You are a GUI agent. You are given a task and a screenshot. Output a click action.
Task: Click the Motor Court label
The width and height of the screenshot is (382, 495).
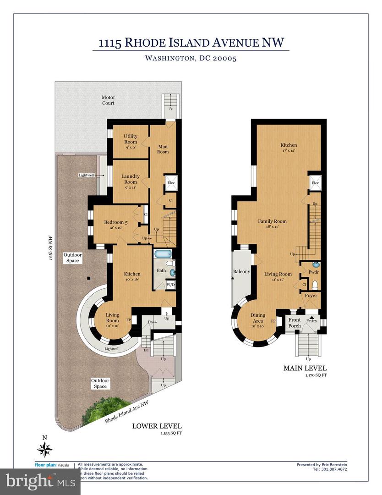[x=108, y=100]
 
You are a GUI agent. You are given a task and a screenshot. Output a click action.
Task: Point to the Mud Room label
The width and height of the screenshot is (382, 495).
[x=163, y=149]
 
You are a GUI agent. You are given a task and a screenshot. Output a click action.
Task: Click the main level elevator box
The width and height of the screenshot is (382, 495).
[x=315, y=183]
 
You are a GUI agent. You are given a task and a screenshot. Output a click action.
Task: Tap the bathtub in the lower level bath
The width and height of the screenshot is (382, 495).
[x=161, y=254]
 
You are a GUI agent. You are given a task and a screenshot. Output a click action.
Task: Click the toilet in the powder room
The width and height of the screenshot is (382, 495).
[x=314, y=285]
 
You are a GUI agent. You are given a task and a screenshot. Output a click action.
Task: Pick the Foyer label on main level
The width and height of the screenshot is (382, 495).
[x=311, y=296]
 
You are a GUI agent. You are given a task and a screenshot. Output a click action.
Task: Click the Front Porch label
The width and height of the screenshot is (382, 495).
[x=294, y=323]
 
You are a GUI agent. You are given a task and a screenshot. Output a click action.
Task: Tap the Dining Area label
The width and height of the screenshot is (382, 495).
[x=257, y=318]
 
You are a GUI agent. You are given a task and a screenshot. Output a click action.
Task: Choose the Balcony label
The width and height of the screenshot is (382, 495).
[x=241, y=272]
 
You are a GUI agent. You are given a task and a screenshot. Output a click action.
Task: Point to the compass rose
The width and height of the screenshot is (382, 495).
[x=45, y=451]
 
